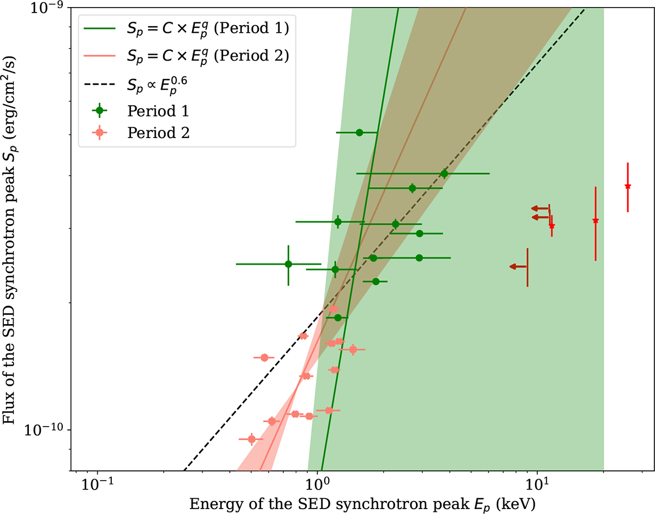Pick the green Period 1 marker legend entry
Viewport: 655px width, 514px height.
point(158,111)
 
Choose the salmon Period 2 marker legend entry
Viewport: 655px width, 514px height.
point(158,133)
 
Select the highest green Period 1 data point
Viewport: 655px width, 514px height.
point(359,133)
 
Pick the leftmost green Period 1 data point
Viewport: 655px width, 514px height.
point(288,264)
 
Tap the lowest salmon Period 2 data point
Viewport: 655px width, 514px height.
point(251,439)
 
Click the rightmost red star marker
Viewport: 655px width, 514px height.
point(628,187)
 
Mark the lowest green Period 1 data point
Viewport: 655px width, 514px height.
point(337,318)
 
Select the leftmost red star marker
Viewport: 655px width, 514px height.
point(552,226)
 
